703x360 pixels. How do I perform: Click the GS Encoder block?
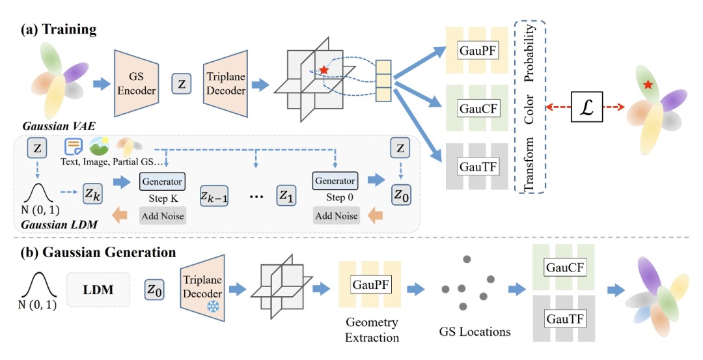[x=136, y=83]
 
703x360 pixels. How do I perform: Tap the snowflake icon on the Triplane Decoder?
[x=213, y=305]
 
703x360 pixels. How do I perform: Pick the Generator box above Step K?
[x=162, y=180]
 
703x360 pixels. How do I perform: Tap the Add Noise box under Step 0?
[x=337, y=215]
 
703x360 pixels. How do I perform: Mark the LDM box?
[x=99, y=290]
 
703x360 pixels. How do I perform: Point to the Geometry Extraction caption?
[x=372, y=330]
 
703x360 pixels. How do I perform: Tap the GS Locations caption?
[x=475, y=332]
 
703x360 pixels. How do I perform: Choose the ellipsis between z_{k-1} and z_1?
[x=255, y=194]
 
